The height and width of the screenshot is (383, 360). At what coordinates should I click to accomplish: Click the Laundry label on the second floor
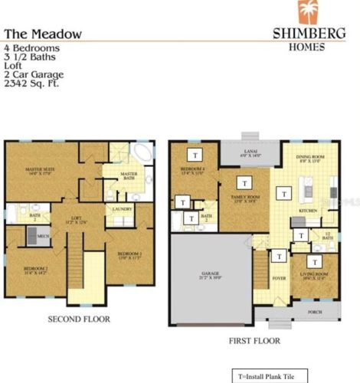click(123, 209)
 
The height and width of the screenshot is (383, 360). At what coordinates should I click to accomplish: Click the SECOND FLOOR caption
click(80, 319)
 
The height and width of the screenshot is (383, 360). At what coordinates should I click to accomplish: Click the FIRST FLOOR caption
click(254, 341)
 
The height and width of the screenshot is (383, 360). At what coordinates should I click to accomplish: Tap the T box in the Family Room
click(244, 184)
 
